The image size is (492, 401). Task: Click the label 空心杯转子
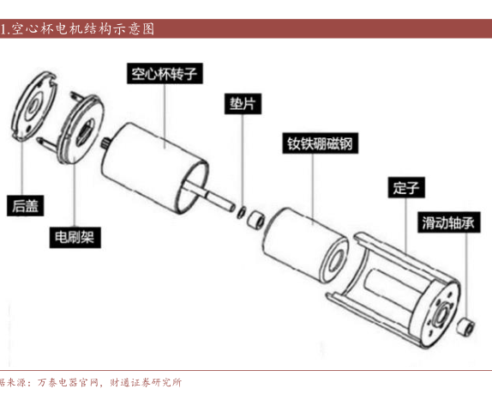point(165,74)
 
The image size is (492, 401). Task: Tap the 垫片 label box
point(243,104)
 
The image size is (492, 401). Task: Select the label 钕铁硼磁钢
point(320,143)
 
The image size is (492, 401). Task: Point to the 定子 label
point(406,187)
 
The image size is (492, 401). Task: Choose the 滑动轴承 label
point(448,222)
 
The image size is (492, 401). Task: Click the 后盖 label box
point(25,205)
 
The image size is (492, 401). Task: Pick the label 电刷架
point(75,237)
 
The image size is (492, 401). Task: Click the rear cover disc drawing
point(34,106)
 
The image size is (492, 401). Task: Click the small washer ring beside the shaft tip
point(241,212)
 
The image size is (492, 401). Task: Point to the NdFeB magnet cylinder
point(306,245)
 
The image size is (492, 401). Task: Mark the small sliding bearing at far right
point(465,327)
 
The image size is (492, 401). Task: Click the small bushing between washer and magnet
point(256,219)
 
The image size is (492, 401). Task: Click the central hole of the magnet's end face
point(336,260)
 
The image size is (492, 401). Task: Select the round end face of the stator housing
point(441,313)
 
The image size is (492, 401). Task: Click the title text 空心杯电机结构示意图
point(83,29)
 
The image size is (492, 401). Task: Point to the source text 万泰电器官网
point(69,382)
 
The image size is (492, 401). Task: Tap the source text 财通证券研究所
point(146,382)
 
